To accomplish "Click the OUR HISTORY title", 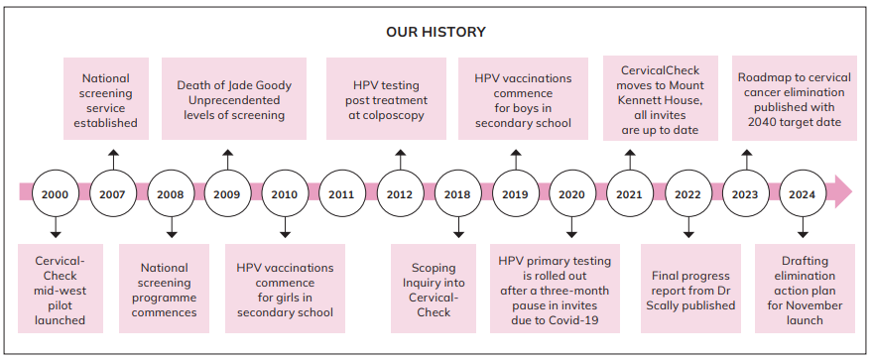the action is (436, 32).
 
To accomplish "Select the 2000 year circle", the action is (55, 194).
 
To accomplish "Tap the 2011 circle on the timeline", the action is (341, 194).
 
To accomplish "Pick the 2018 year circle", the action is (457, 194).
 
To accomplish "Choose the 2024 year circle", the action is (802, 194).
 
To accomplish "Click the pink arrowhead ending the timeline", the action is (843, 192).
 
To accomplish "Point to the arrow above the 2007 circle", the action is (113, 160).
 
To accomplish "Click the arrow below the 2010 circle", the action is (286, 228).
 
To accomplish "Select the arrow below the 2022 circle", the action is (688, 228).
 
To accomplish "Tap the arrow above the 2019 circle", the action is (516, 160).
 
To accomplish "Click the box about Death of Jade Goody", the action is (233, 98).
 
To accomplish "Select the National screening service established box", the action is (106, 98).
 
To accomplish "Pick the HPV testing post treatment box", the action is (386, 98).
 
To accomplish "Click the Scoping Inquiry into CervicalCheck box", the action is (434, 289).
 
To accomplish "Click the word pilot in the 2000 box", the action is (61, 305).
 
